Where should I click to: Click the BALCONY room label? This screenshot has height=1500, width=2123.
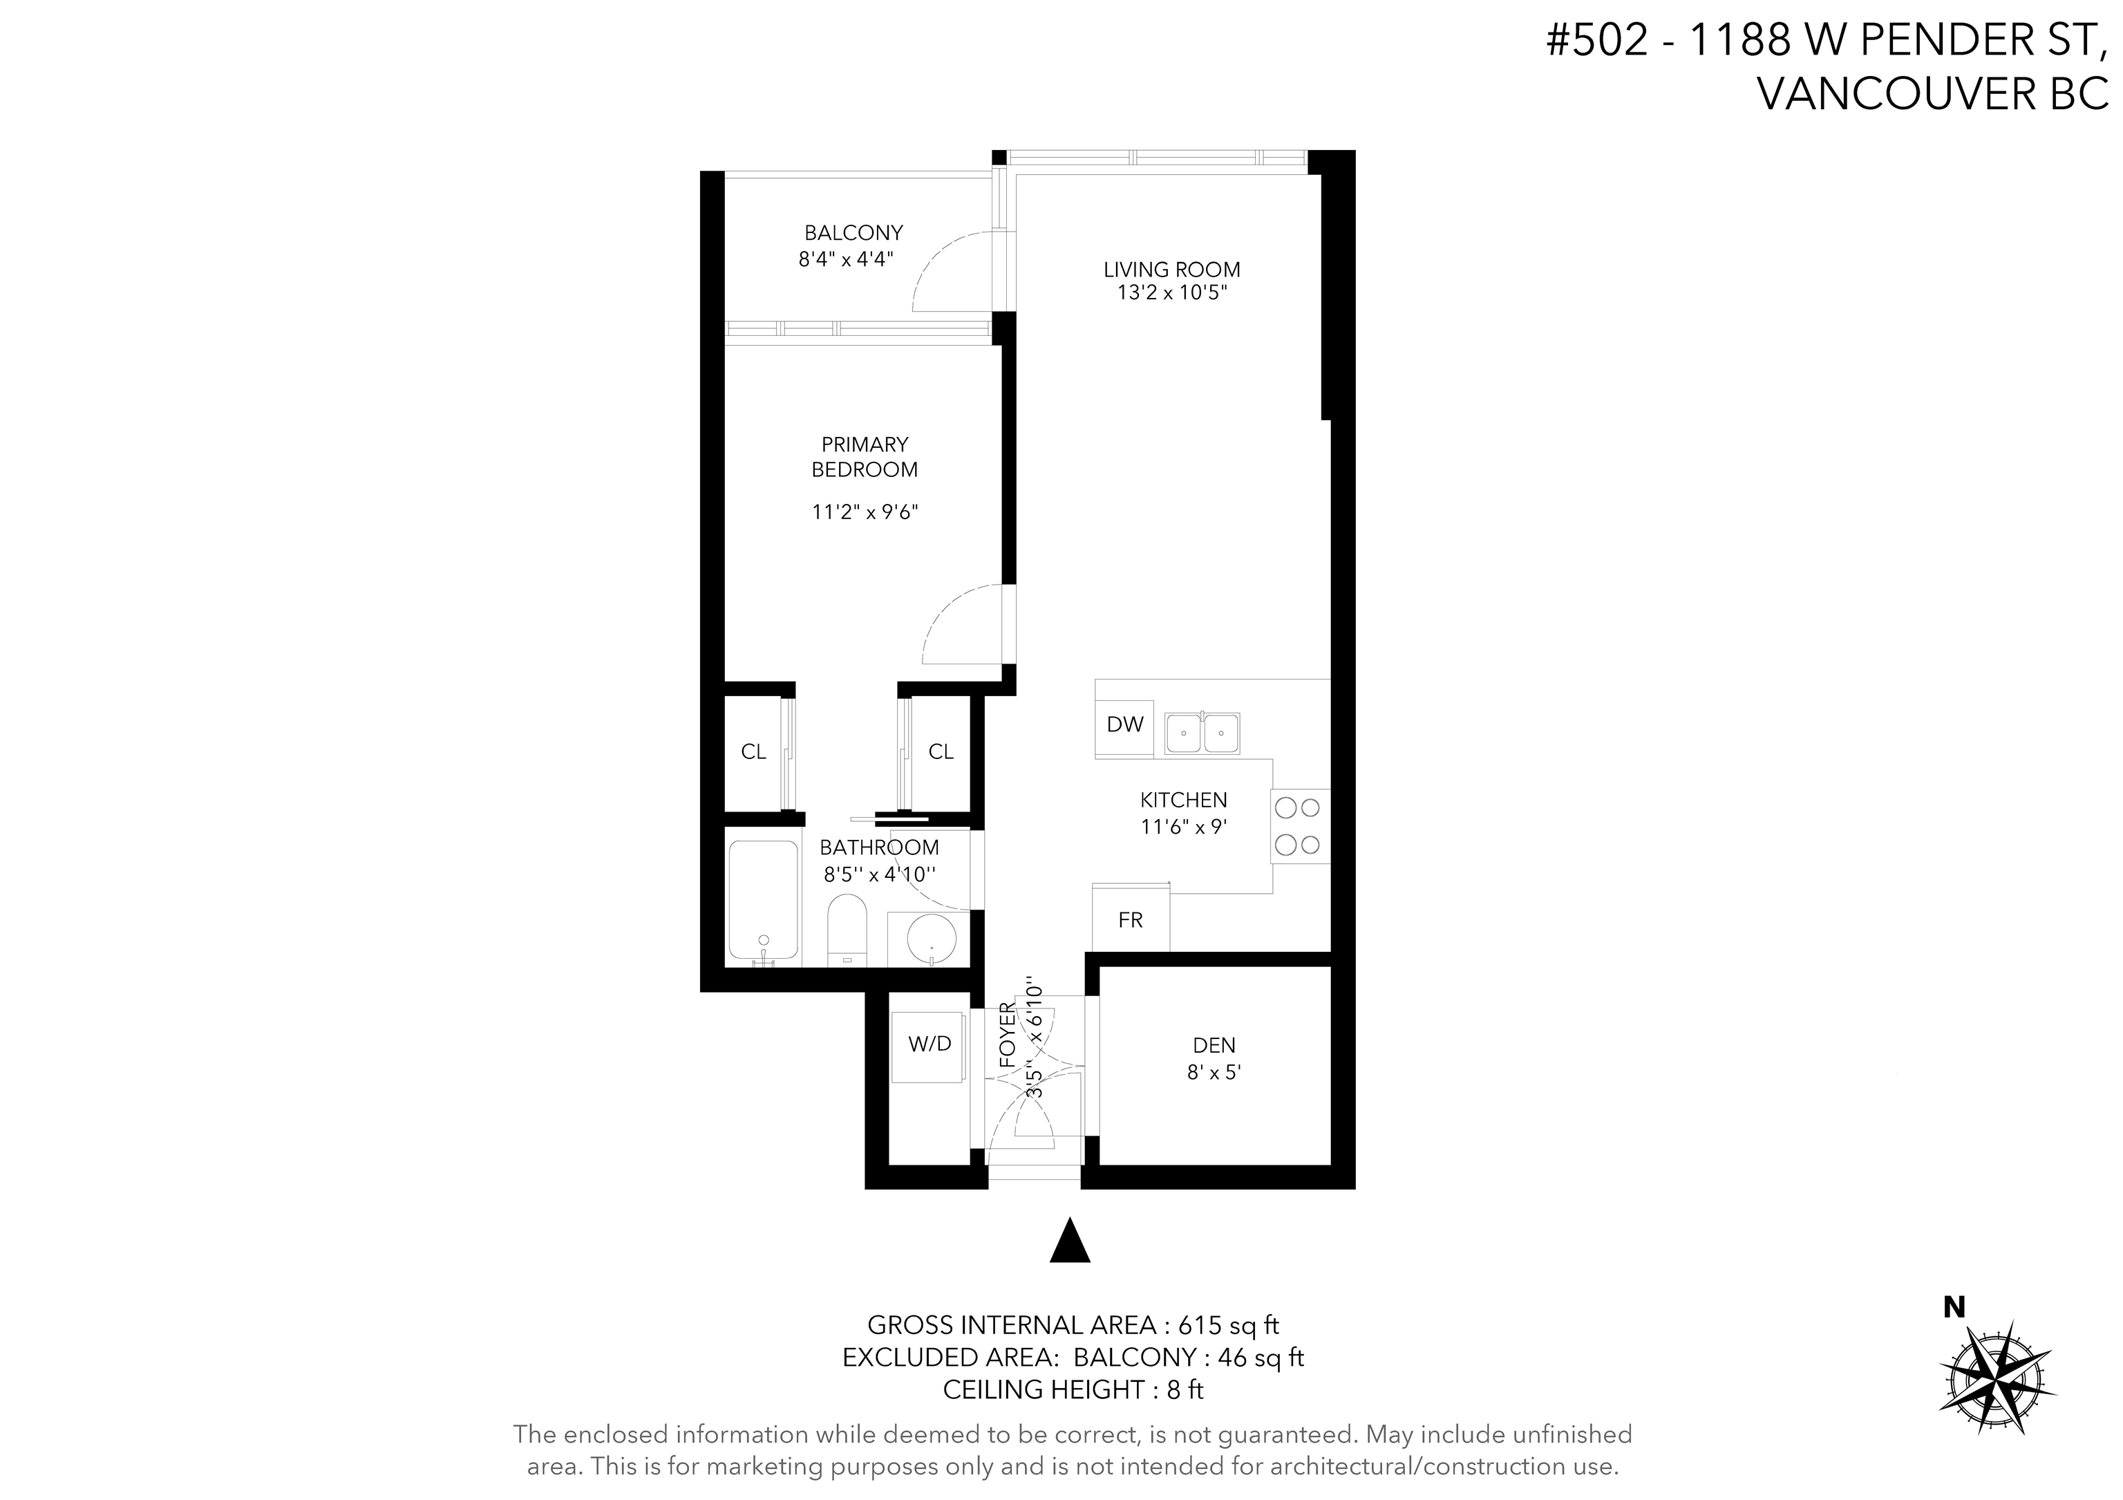click(853, 233)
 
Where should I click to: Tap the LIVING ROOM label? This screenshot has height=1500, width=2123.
click(1171, 270)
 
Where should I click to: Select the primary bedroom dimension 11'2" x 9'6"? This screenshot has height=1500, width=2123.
click(865, 512)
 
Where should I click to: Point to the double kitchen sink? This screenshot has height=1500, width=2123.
click(1202, 733)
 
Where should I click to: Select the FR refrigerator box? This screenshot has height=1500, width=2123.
click(1131, 918)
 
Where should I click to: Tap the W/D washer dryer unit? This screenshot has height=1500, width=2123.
click(930, 1046)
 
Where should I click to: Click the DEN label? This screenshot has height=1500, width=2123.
click(1214, 1046)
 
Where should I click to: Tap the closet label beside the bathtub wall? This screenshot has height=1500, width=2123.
click(753, 752)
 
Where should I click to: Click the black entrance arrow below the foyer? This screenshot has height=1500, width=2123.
click(1070, 1240)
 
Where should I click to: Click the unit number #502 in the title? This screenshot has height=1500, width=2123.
click(1597, 41)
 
